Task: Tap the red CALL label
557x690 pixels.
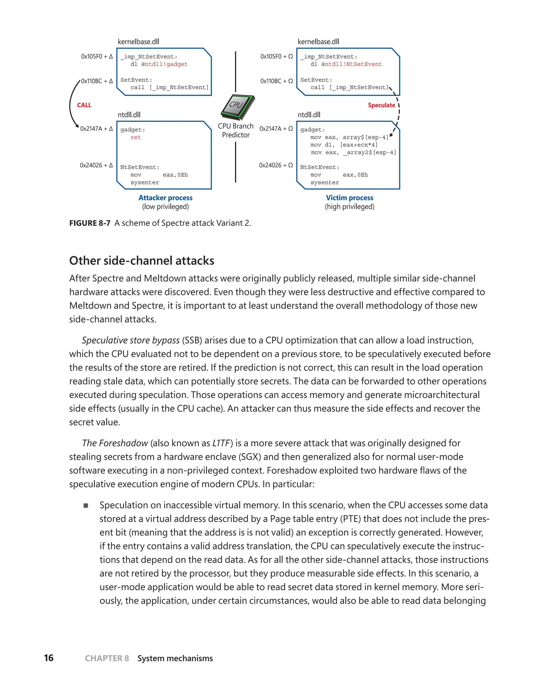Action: [x=84, y=105]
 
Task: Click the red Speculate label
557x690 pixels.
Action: [x=381, y=105]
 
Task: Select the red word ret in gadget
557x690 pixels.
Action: [x=135, y=137]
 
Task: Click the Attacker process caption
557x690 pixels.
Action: [x=165, y=198]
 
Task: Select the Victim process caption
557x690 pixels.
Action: [x=349, y=198]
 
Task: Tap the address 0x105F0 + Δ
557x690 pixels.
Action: [x=97, y=57]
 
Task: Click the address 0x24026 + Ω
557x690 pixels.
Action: [x=276, y=165]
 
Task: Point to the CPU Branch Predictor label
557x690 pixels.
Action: [x=236, y=130]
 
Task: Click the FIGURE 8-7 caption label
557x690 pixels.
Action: [x=90, y=223]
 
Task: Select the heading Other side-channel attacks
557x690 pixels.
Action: [x=141, y=261]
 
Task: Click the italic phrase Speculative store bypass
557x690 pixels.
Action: [x=131, y=340]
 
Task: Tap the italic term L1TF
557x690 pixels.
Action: [x=221, y=443]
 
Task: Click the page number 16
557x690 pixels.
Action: [x=49, y=658]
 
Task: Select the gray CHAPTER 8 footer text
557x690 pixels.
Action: [x=107, y=658]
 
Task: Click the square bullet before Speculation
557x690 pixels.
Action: [x=86, y=506]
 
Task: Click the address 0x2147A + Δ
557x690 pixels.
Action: [x=97, y=129]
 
